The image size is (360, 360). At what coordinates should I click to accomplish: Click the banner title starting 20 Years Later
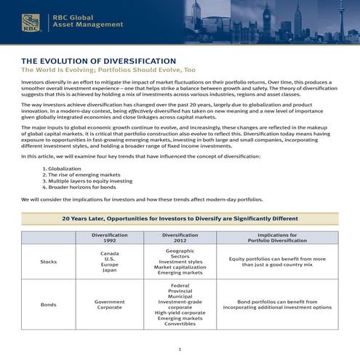pyautogui.click(x=180, y=217)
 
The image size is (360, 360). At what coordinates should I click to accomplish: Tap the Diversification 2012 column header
pyautogui.click(x=180, y=239)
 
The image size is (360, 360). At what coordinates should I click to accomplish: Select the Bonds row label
pyautogui.click(x=49, y=304)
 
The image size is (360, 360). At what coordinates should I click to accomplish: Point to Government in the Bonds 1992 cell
pyautogui.click(x=109, y=300)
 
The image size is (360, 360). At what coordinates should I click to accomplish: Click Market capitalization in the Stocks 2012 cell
pyautogui.click(x=180, y=267)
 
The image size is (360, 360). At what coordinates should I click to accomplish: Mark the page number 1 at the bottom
pyautogui.click(x=180, y=350)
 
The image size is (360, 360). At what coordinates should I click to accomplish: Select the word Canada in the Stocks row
pyautogui.click(x=109, y=252)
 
